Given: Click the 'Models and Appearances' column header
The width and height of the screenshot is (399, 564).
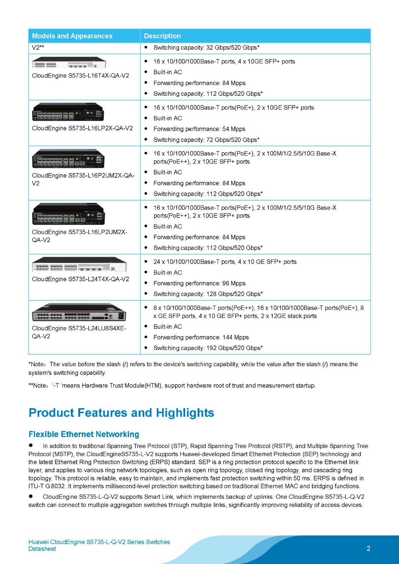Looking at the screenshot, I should coord(72,36).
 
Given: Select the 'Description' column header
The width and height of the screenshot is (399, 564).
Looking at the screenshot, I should coord(162,36).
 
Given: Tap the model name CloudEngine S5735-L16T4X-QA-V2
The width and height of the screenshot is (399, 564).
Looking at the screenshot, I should coord(80,75).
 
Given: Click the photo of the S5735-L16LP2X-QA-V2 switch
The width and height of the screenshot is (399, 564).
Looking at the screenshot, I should coord(68,112).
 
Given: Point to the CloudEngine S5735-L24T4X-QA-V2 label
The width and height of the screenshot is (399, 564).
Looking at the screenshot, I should coord(80,279).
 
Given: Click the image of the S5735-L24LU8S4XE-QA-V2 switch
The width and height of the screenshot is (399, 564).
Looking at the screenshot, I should coord(79,312).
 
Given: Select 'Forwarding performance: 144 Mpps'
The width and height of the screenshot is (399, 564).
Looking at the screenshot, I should coord(201,337).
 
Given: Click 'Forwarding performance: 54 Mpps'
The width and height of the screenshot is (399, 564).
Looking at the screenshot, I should coord(199,129).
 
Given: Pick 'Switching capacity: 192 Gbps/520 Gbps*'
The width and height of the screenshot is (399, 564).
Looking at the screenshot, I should coord(208,348).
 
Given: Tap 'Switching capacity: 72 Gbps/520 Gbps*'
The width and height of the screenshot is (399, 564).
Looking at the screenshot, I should coord(206,140).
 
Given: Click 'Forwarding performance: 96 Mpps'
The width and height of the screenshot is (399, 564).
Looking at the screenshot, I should coord(199,283).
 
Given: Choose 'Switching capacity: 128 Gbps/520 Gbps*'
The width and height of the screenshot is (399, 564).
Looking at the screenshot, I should coord(208,294).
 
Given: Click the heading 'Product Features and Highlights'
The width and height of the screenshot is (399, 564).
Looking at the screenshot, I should coord(121,413).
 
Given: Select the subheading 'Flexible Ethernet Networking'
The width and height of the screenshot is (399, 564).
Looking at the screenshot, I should coord(84,434).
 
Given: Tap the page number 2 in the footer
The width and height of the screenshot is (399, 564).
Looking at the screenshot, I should coord(368,548).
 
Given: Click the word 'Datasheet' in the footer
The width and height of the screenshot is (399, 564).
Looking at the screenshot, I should coord(42,549).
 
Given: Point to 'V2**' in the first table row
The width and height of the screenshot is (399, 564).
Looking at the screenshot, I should coord(38,48).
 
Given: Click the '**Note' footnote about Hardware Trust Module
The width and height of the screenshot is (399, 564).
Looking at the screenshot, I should coord(172,386).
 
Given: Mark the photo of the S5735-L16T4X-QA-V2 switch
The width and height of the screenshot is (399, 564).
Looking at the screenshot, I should coord(69,63).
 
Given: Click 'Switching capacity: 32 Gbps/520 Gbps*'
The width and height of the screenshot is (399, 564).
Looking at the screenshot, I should coord(206,48).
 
